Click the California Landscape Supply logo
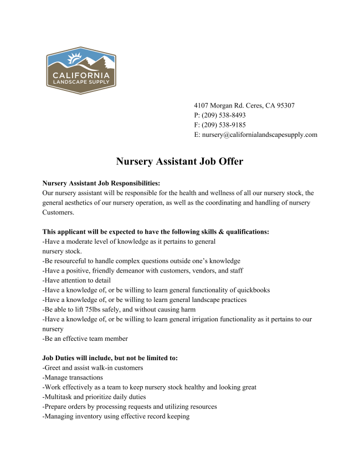click(81, 70)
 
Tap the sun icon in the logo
click(74, 57)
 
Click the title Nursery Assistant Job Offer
click(179, 162)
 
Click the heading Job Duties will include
click(110, 358)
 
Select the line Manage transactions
click(73, 377)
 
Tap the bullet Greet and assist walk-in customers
click(92, 367)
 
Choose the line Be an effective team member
click(85, 339)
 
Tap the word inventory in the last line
click(88, 416)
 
